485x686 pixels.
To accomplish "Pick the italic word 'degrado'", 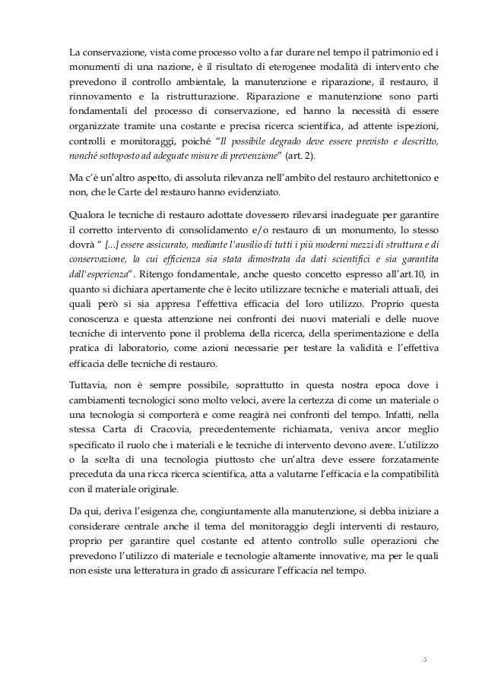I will pyautogui.click(x=303, y=141).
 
